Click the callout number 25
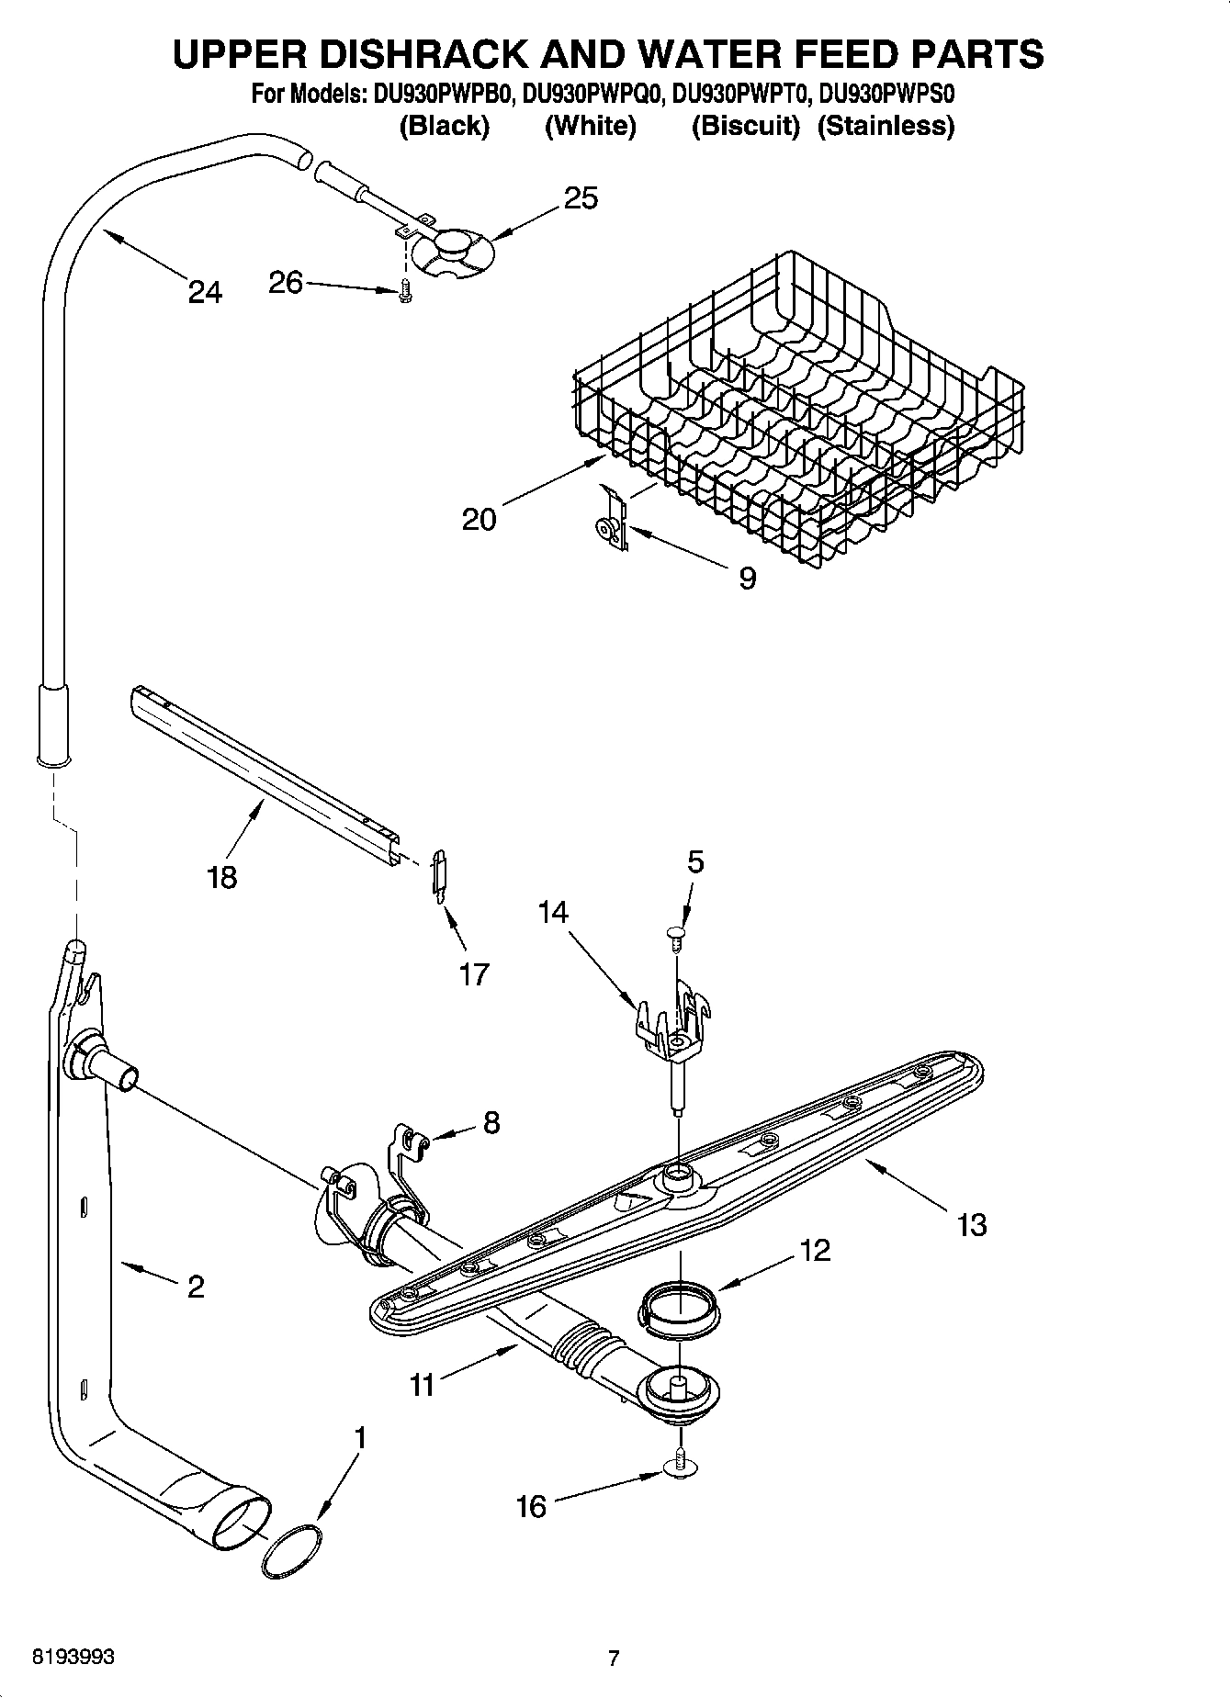point(581,198)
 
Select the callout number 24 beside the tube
point(205,292)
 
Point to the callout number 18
point(222,877)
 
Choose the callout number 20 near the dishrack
point(479,519)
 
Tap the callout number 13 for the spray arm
point(971,1224)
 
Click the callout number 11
point(422,1384)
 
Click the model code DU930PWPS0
point(887,94)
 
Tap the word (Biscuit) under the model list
point(746,126)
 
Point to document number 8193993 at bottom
point(73,1657)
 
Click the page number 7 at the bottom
point(614,1658)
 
